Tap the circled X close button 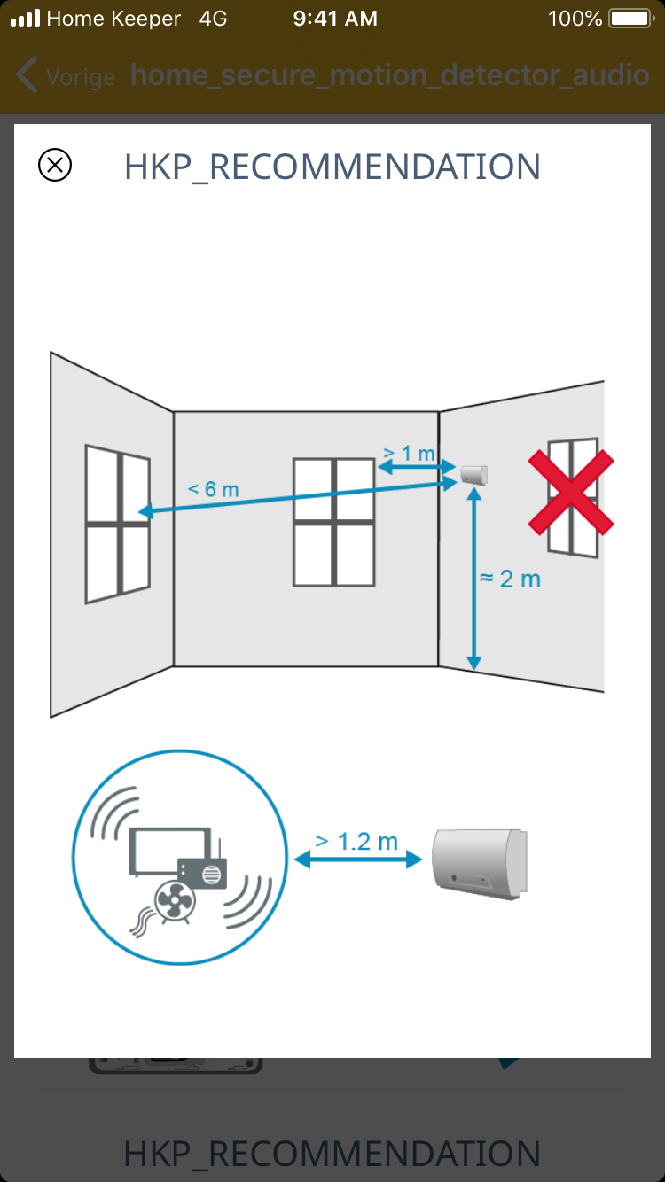click(55, 165)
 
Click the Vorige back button click(66, 75)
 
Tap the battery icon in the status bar click(631, 19)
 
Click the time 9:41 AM click(335, 19)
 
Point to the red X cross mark click(571, 493)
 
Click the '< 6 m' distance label click(214, 489)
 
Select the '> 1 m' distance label click(409, 453)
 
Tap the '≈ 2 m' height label click(510, 579)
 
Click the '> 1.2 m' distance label click(356, 841)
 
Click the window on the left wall click(118, 524)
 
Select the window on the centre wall click(333, 523)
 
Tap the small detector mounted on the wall click(474, 474)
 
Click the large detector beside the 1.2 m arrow click(480, 864)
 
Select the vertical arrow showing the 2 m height click(473, 579)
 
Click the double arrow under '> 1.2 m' click(358, 859)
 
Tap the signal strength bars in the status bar click(26, 19)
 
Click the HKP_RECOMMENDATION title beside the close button click(332, 167)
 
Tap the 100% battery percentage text click(575, 19)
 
